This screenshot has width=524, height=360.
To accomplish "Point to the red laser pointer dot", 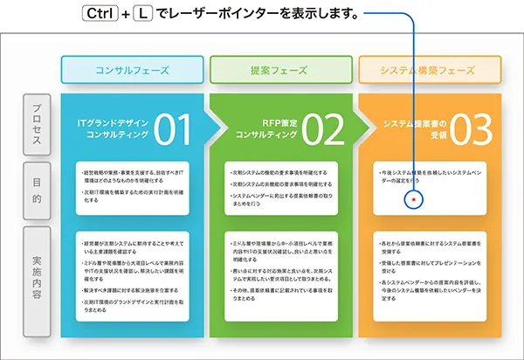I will pyautogui.click(x=414, y=199).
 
